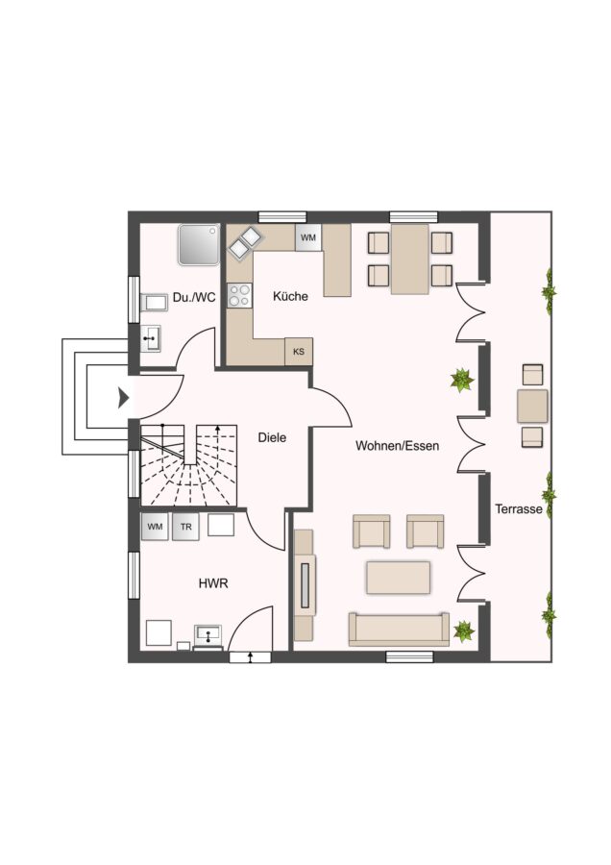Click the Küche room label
click(290, 296)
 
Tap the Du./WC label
click(194, 298)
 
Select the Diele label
click(273, 437)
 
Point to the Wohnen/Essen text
click(397, 446)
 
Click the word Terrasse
click(519, 508)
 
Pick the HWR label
click(213, 583)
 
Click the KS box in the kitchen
click(299, 352)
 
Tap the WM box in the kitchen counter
click(308, 237)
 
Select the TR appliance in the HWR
click(185, 527)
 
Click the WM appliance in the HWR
click(155, 527)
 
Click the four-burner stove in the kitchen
click(239, 295)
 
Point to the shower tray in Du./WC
click(199, 244)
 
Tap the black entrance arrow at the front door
click(123, 397)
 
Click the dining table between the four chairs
click(409, 259)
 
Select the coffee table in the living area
click(398, 578)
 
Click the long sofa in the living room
click(399, 629)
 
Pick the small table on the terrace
click(532, 406)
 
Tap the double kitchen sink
click(245, 243)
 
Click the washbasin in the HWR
click(208, 635)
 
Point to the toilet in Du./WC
click(154, 303)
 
